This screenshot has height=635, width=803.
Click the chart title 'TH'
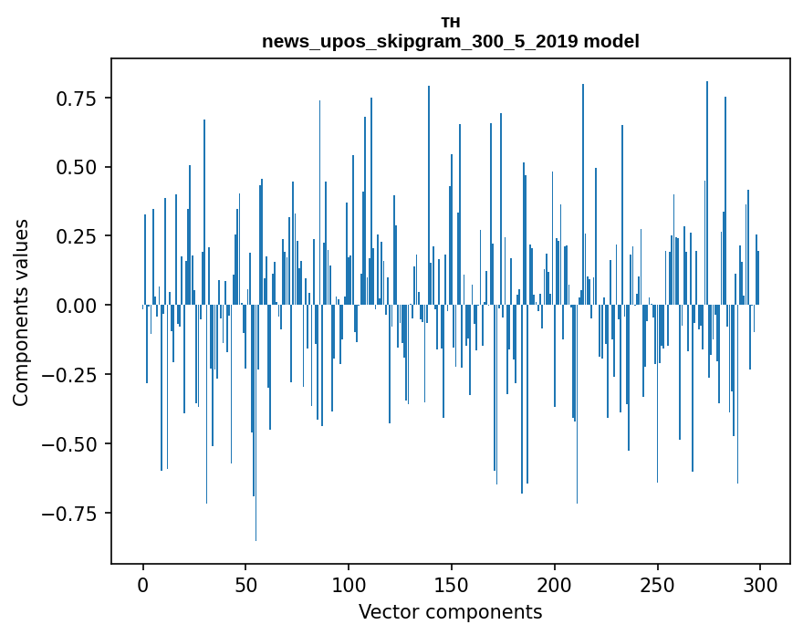pos(451,23)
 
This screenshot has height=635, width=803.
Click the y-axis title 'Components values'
pos(21,312)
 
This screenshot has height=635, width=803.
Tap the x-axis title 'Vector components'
pos(451,612)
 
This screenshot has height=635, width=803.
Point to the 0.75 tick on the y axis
pos(81,99)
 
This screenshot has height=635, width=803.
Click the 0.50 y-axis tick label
pos(81,168)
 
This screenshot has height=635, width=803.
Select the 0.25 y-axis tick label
pos(81,236)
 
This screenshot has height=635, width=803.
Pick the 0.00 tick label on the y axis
pos(81,306)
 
